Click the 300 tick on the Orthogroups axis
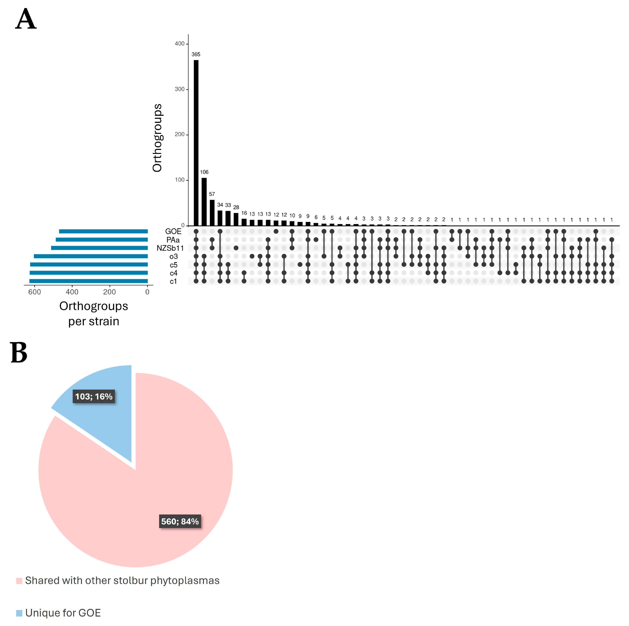180,89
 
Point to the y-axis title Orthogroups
157,138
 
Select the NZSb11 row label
170,248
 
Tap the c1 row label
173,281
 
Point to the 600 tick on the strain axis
35,292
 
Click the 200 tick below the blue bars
109,292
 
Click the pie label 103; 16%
94,396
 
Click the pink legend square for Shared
19,581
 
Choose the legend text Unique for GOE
63,613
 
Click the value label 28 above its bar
236,207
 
